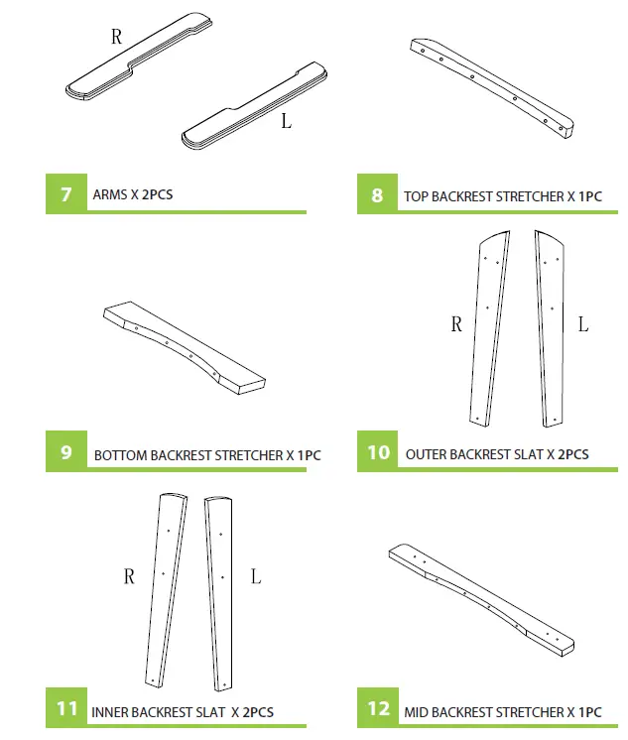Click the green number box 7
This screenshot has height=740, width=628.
tap(65, 194)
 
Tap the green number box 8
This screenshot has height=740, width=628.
tap(377, 195)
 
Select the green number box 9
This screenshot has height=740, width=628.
tap(65, 452)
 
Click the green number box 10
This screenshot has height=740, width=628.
tap(378, 452)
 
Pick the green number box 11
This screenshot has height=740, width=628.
tap(66, 709)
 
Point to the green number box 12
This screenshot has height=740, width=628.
tap(378, 710)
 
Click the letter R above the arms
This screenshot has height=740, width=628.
tap(116, 38)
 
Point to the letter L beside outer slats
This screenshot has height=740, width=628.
tap(583, 324)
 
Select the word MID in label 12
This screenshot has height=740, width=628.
tap(417, 712)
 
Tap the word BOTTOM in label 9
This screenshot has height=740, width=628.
tap(120, 456)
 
